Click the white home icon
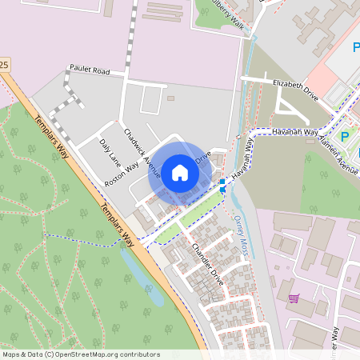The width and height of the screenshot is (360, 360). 179,172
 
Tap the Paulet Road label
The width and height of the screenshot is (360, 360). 89,70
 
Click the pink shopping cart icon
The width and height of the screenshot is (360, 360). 294,298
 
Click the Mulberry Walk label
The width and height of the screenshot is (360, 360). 229,14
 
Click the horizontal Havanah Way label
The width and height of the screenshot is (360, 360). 294,131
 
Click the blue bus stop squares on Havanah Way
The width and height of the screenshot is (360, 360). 222,186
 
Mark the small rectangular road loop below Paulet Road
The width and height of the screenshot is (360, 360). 151,100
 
